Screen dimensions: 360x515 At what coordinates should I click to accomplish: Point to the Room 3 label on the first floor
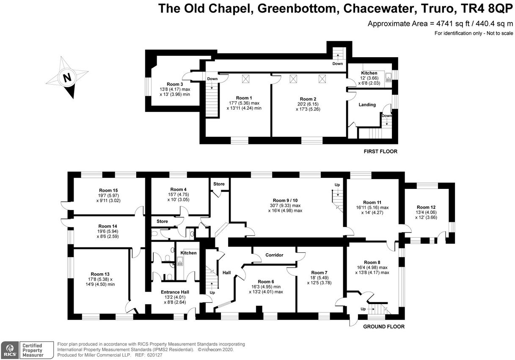[x=174, y=84]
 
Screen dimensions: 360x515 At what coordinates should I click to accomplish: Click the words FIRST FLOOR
[x=380, y=151]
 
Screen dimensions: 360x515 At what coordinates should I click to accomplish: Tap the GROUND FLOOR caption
[x=384, y=327]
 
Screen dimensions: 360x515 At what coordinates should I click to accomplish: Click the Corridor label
[x=274, y=255]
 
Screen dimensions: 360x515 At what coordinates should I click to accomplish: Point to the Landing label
[x=367, y=105]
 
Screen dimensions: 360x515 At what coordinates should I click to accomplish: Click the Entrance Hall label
[x=175, y=292]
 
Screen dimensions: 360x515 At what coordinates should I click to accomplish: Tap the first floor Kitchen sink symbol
[x=388, y=77]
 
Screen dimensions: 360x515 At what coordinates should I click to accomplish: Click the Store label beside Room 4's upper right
[x=219, y=184]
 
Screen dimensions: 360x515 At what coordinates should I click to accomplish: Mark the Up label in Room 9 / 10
[x=337, y=185]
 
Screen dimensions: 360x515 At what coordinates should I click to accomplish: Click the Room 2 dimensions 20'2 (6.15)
[x=308, y=104]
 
